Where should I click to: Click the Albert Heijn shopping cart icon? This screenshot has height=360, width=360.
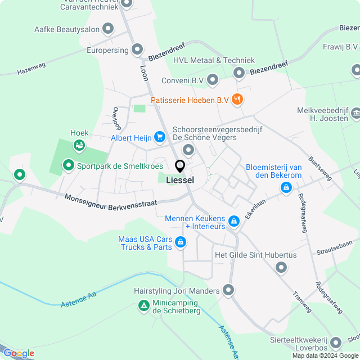pos(160,137)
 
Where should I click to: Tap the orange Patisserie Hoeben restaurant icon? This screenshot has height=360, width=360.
pos(238,100)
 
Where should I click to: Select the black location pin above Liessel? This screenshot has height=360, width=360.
pos(180,166)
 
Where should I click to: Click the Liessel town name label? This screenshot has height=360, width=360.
pos(180,180)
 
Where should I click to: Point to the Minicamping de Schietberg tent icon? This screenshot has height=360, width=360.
pos(144,306)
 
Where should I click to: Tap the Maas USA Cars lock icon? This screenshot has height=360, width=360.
pos(181,242)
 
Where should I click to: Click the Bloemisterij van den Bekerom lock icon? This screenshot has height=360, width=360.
pos(286,187)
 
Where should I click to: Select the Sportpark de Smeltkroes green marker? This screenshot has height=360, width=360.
pos(68,165)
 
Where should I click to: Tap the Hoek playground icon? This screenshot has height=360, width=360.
pos(79,145)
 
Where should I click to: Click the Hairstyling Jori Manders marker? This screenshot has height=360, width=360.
pos(228,290)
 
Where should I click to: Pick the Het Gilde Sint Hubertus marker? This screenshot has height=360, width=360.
pos(281,268)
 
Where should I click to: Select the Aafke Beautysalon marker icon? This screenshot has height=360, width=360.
pos(109,29)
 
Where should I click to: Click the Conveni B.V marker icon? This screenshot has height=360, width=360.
pos(213,80)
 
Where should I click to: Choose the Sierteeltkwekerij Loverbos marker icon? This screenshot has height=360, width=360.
pos(336,342)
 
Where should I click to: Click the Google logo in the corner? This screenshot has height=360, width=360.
pos(18,353)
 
